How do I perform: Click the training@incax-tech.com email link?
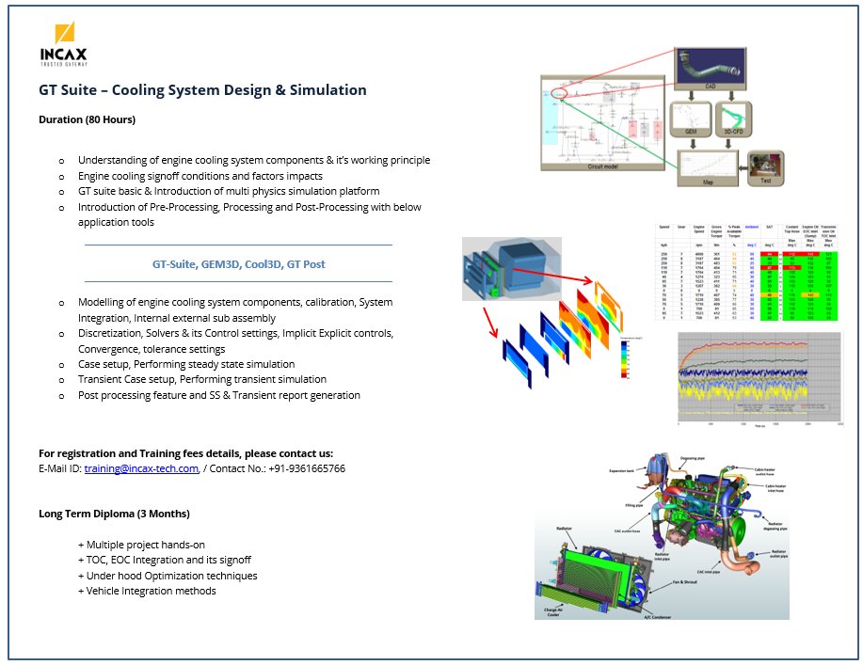coord(141,468)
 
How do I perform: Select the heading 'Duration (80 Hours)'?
coord(87,119)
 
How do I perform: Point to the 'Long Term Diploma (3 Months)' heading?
coord(114,514)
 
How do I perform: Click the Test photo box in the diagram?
coord(764,166)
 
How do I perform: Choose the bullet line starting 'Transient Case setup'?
coord(202,379)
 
